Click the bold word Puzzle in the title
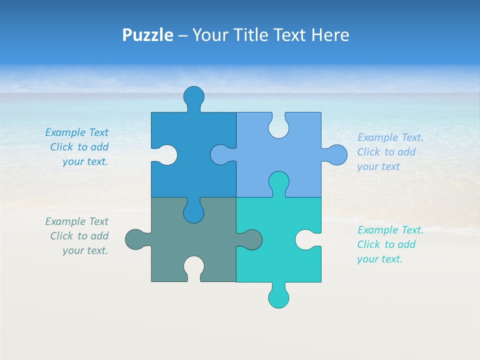click(x=148, y=35)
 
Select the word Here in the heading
click(x=330, y=35)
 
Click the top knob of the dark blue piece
click(x=194, y=96)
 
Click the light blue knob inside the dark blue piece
click(x=220, y=155)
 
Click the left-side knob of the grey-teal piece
click(x=135, y=239)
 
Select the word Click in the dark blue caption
click(x=61, y=147)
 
